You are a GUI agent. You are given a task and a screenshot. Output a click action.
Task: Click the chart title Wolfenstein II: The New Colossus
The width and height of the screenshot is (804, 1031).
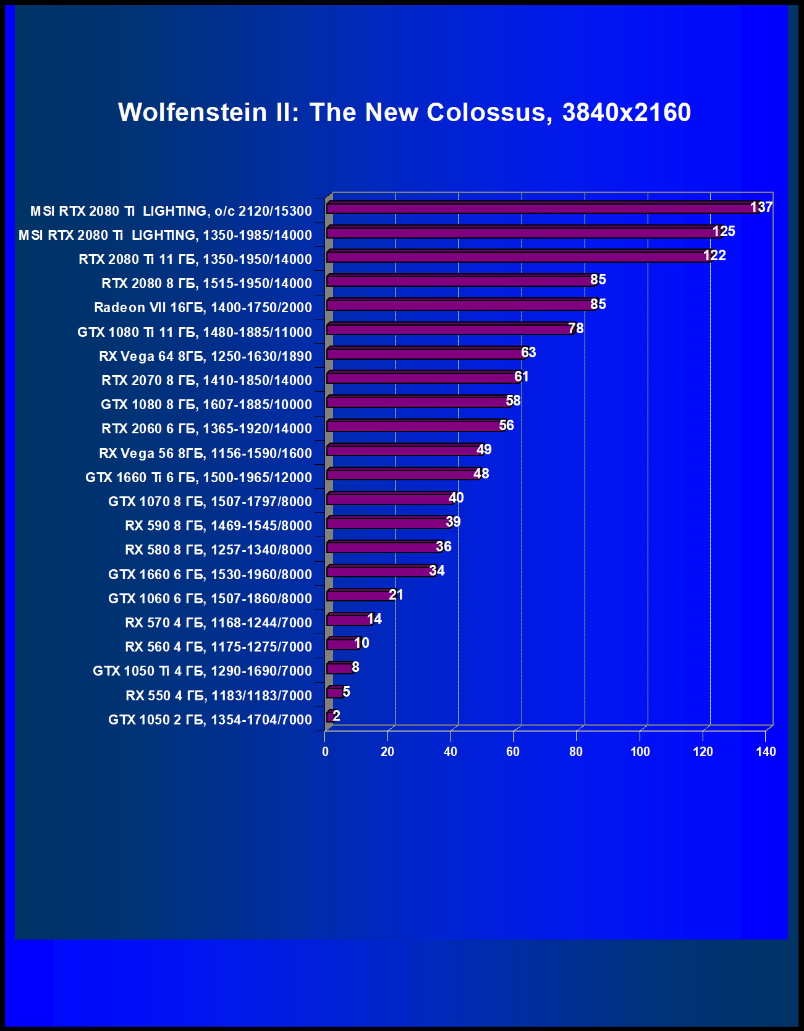tap(404, 112)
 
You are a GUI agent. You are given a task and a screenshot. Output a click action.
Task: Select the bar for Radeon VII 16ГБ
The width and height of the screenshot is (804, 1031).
tap(460, 305)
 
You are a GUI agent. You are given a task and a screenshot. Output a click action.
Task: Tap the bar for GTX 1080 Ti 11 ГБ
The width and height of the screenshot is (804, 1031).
tap(450, 329)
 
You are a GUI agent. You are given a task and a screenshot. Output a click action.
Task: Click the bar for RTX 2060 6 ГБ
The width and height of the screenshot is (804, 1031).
tap(415, 426)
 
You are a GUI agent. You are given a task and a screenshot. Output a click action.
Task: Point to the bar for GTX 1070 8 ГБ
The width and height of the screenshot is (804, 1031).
tap(391, 499)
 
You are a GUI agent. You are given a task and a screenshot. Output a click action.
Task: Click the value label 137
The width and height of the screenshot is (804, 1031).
tap(761, 207)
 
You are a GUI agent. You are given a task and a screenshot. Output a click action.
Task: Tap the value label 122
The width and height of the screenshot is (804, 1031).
tap(714, 255)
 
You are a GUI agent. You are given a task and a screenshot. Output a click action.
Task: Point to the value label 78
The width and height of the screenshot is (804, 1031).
tap(576, 328)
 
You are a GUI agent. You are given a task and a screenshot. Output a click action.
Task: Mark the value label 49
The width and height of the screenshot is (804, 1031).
tap(484, 449)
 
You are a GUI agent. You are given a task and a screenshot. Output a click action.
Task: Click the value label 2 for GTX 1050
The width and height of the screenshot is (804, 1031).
tap(336, 716)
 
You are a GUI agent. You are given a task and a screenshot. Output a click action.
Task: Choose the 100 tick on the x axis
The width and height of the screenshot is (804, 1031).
tap(640, 752)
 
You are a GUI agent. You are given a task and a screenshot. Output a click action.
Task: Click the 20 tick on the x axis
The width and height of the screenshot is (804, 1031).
tap(387, 752)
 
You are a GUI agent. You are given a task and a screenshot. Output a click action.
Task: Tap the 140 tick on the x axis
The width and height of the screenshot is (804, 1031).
tap(766, 752)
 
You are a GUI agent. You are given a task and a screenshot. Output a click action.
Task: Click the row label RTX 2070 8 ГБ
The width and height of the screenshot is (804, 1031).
tap(206, 381)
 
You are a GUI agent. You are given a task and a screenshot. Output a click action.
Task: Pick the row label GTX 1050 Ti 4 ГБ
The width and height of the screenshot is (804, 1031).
tap(202, 671)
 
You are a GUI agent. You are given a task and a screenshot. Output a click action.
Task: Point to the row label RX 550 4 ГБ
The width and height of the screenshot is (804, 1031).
tap(219, 696)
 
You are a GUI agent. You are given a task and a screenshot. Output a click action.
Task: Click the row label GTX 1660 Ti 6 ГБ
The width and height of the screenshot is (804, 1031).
tap(198, 478)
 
